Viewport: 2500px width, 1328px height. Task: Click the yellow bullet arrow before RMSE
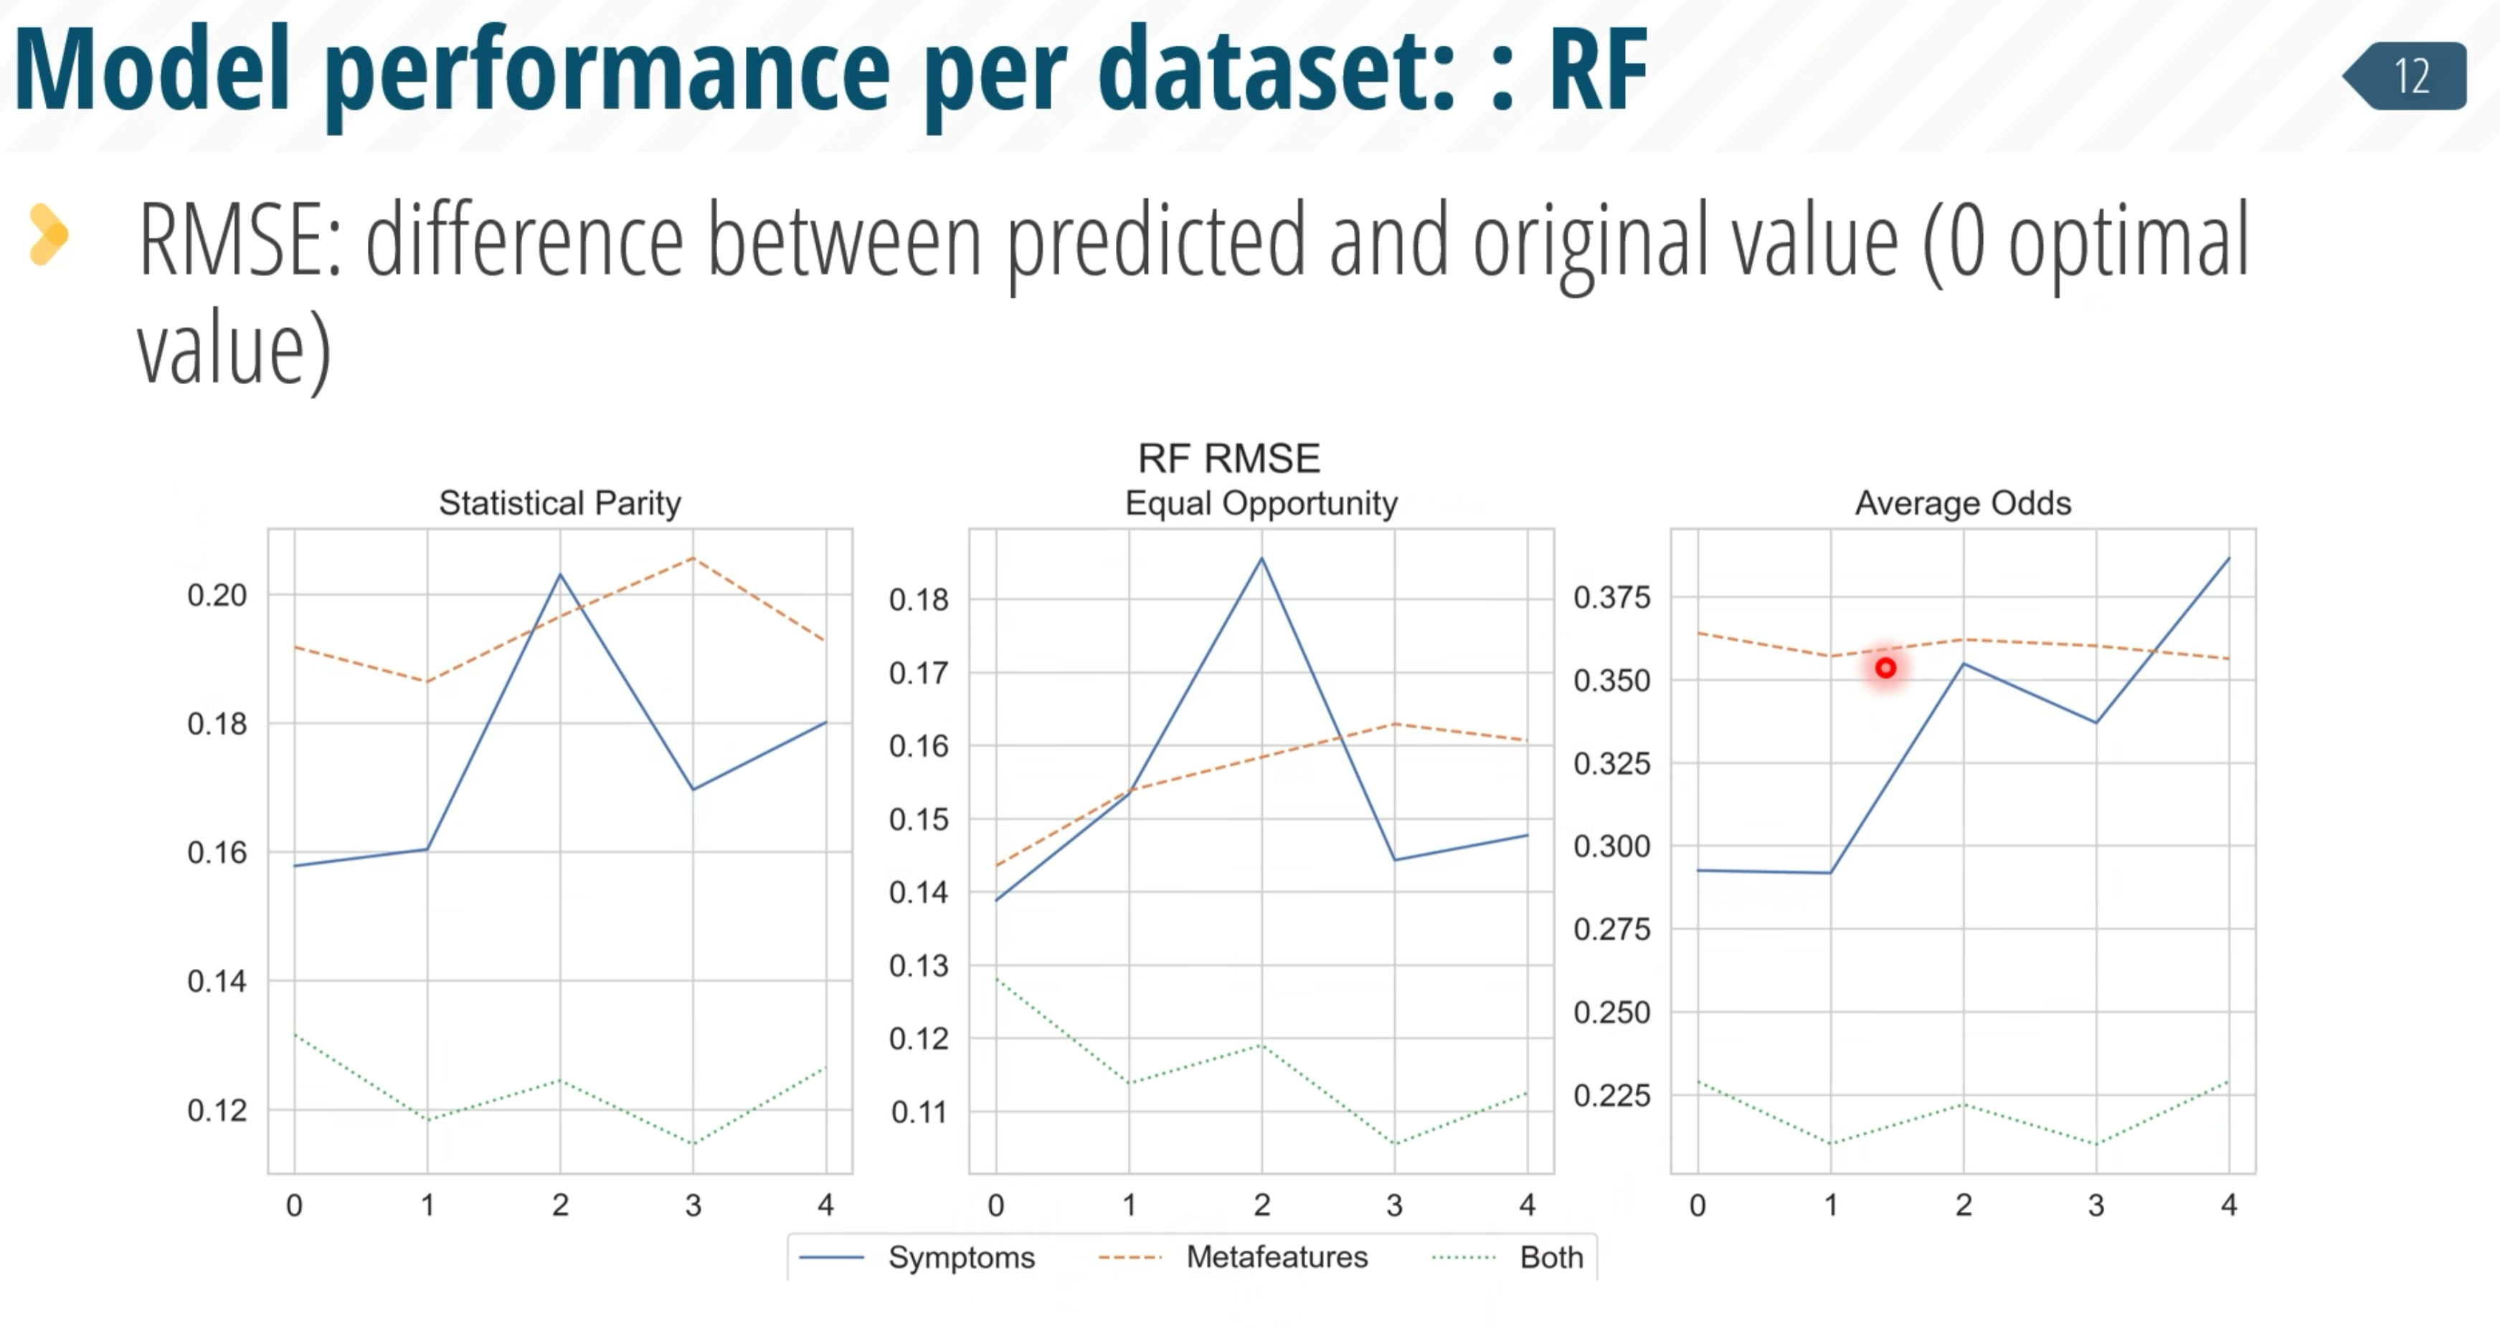[x=49, y=234]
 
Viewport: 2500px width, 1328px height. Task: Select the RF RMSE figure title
[x=1228, y=458]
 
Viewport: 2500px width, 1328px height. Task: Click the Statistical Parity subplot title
[x=560, y=502]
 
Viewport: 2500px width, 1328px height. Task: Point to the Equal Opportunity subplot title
[x=1261, y=502]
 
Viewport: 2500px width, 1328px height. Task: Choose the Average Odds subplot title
[x=1962, y=502]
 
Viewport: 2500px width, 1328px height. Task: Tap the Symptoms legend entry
[x=917, y=1257]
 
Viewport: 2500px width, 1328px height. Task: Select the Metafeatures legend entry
[x=1233, y=1257]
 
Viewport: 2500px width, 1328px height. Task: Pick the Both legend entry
[x=1507, y=1257]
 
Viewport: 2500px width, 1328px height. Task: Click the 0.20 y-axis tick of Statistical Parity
[x=217, y=595]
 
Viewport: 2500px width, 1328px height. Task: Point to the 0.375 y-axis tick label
[x=1611, y=598]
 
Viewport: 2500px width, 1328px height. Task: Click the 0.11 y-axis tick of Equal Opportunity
[x=919, y=1112]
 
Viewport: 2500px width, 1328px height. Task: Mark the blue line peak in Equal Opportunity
[x=1261, y=558]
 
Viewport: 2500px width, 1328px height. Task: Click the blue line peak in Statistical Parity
[x=560, y=574]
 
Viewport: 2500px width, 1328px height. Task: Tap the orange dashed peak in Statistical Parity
[x=693, y=558]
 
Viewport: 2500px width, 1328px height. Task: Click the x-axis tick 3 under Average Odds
[x=2096, y=1205]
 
